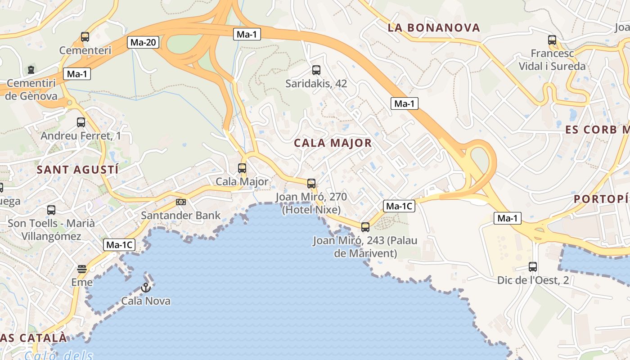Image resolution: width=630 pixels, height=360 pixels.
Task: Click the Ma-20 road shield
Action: click(143, 43)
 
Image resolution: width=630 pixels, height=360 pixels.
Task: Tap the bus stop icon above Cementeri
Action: click(85, 37)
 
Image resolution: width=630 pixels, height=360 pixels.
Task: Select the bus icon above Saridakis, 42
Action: click(316, 70)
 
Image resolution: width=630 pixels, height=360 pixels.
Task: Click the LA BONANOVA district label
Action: click(434, 28)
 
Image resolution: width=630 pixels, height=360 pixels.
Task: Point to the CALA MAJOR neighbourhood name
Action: click(333, 143)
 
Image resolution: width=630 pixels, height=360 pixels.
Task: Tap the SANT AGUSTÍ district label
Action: click(78, 170)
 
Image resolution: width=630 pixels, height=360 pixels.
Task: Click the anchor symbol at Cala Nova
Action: click(145, 287)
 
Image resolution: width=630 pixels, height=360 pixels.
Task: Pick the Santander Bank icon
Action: click(181, 202)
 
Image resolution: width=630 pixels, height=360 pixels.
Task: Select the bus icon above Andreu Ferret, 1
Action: click(81, 122)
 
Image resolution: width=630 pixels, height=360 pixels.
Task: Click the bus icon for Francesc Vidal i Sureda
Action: click(552, 40)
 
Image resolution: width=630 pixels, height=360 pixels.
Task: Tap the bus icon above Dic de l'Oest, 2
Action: click(533, 266)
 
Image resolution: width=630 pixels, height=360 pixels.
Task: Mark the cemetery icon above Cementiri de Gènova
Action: click(31, 70)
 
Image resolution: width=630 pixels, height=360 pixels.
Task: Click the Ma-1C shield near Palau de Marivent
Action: click(399, 207)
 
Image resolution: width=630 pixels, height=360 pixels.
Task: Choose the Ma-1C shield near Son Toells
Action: click(119, 245)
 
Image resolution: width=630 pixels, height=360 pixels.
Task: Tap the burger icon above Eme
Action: click(82, 269)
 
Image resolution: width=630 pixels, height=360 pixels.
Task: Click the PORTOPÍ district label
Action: click(601, 199)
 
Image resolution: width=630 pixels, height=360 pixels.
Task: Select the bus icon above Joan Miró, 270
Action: click(311, 184)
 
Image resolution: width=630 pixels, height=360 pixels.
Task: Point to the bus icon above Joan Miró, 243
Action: click(365, 227)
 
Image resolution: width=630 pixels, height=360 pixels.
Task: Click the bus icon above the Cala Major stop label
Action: click(242, 168)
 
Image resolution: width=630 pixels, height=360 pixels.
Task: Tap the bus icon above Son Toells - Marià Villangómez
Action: click(51, 210)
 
